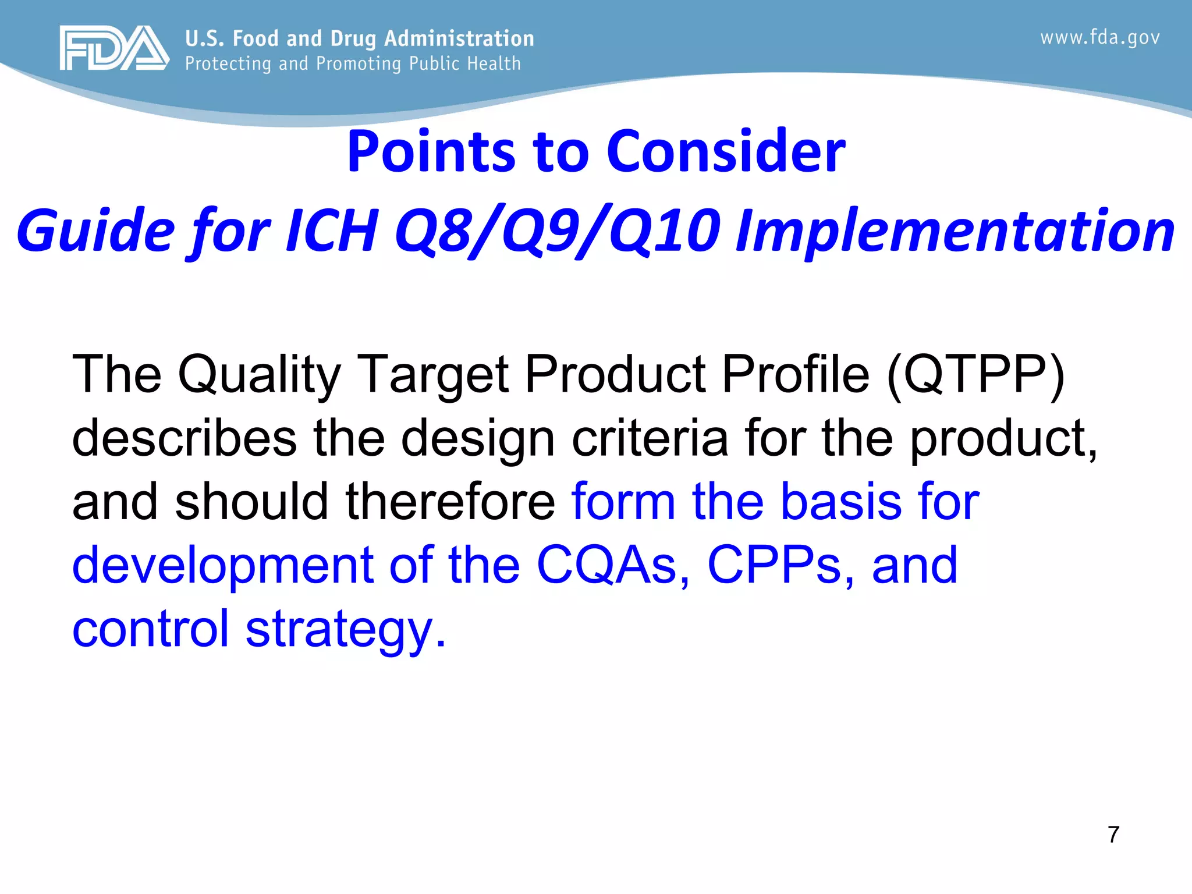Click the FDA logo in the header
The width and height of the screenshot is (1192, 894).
tap(114, 48)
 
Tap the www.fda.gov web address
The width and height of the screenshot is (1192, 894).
tap(1100, 38)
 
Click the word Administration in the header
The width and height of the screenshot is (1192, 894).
tap(459, 38)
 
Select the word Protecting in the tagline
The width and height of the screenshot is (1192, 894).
tap(228, 63)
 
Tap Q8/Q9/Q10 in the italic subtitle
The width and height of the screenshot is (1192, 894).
tap(558, 232)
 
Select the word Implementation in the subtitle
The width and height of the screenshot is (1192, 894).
tap(955, 232)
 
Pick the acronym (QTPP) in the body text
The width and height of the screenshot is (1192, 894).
tap(976, 374)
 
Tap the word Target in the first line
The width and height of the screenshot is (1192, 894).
tap(432, 374)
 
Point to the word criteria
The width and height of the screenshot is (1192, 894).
tap(650, 438)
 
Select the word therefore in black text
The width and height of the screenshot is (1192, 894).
tap(450, 501)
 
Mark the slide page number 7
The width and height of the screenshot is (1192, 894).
tap(1113, 835)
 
